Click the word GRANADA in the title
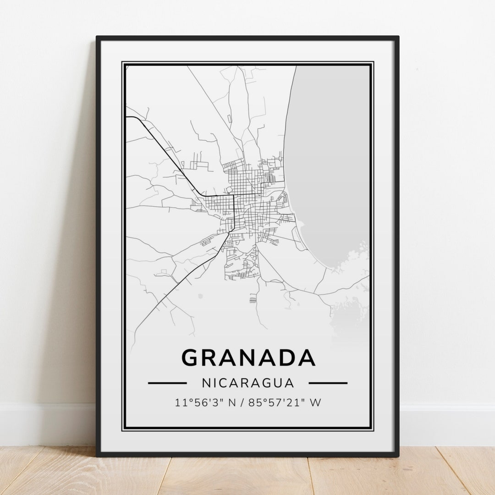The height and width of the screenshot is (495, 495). tap(248, 358)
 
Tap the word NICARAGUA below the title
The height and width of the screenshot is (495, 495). tap(247, 383)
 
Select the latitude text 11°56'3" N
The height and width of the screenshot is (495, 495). tap(204, 403)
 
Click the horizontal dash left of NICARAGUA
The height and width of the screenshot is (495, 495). tap(167, 383)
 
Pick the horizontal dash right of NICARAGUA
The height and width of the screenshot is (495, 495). tap(328, 383)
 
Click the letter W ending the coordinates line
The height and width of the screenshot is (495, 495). tap(315, 403)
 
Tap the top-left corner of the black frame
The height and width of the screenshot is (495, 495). tap(98, 38)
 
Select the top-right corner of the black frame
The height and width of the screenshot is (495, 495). tap(397, 38)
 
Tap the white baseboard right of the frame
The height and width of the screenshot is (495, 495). tap(447, 424)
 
